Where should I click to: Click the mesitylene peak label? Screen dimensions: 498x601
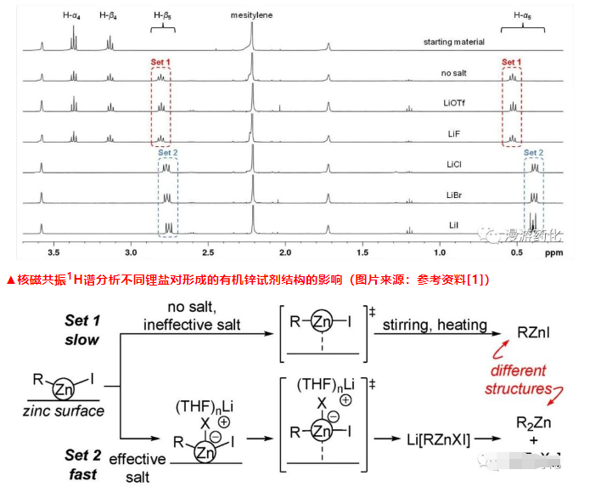(251, 14)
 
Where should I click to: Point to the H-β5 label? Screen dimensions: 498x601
(164, 14)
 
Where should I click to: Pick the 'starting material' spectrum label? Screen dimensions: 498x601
(454, 42)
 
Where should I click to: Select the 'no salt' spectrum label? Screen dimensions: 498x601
(454, 73)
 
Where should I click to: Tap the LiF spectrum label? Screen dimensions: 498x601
(454, 134)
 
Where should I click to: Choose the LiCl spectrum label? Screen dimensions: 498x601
(454, 165)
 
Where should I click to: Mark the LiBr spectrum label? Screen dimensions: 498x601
(454, 195)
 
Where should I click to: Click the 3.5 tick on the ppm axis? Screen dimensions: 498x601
(53, 252)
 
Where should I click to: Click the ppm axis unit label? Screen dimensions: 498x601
(553, 252)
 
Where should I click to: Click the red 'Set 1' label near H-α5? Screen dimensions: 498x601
(511, 62)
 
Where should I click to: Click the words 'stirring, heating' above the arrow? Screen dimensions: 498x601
(435, 324)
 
